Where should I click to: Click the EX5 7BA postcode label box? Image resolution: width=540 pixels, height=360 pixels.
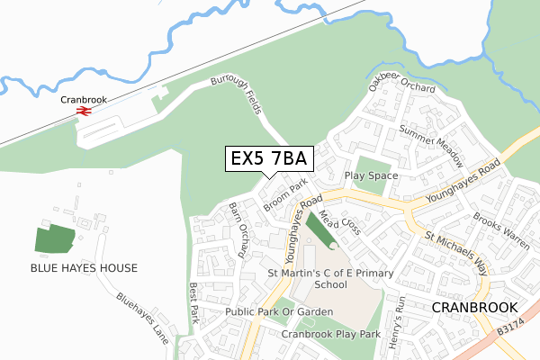(268, 158)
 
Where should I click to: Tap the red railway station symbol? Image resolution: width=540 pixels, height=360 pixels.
(84, 112)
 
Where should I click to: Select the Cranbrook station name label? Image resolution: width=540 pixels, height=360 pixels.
(84, 99)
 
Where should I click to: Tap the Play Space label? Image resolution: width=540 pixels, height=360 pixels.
(372, 175)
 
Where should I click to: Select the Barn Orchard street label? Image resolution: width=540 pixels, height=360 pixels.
(238, 229)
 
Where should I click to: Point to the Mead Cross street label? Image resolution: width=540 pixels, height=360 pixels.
(340, 221)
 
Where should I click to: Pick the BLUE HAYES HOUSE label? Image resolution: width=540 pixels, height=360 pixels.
(84, 268)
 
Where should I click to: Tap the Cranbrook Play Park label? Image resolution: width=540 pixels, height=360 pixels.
(330, 334)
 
